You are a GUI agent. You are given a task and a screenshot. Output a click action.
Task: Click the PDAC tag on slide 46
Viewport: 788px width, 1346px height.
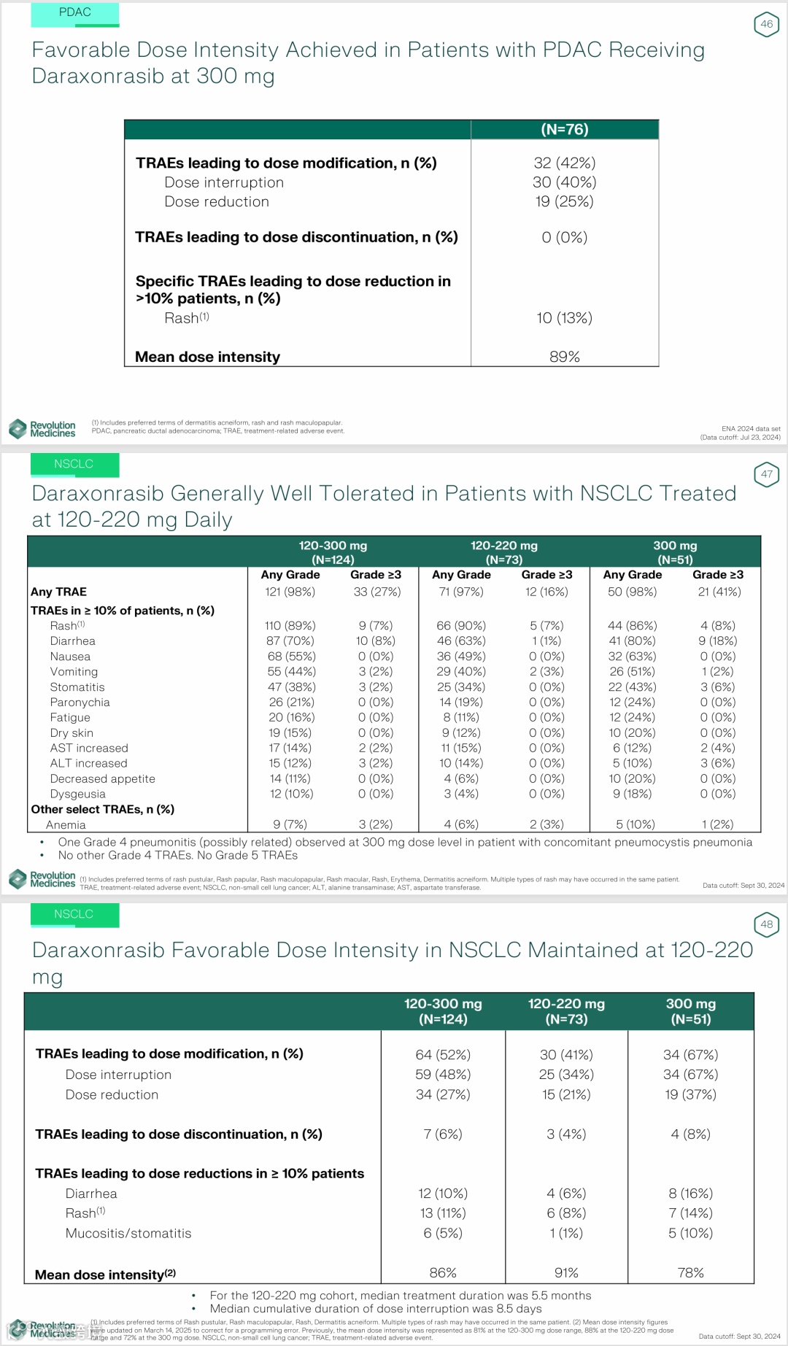tap(74, 12)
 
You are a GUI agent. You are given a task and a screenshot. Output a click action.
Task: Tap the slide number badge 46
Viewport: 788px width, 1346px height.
tap(766, 24)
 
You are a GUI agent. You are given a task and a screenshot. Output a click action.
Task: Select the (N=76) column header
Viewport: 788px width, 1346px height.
tap(564, 130)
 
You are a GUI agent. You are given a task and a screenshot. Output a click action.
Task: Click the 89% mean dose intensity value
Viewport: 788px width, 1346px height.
tap(564, 357)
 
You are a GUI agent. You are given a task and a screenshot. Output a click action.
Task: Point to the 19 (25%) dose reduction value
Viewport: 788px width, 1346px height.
tap(564, 201)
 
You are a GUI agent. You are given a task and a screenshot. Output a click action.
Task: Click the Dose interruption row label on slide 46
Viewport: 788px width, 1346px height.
tap(223, 182)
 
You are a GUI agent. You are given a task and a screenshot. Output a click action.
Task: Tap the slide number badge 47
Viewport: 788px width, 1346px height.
tap(766, 474)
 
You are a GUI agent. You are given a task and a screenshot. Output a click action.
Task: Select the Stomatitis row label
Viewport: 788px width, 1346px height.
tap(77, 687)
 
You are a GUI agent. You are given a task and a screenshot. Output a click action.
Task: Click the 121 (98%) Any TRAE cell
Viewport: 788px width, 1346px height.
tap(290, 592)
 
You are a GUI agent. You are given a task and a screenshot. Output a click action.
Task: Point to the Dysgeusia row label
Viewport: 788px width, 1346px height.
tap(77, 794)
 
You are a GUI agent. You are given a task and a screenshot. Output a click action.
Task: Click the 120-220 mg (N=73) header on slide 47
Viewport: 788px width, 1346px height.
tap(503, 552)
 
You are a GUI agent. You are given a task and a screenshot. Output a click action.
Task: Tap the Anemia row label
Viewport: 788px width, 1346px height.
tap(66, 825)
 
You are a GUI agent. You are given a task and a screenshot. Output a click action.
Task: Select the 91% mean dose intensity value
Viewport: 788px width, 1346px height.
tap(566, 1273)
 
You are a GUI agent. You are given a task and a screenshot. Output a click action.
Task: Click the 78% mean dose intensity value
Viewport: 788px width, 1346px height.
tap(690, 1273)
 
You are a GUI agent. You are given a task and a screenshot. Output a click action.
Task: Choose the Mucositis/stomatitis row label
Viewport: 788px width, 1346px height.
tap(128, 1234)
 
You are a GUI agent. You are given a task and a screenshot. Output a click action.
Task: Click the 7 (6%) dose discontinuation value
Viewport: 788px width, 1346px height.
tap(443, 1134)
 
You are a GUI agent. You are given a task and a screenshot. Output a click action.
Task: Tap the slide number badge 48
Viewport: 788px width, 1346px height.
tap(766, 924)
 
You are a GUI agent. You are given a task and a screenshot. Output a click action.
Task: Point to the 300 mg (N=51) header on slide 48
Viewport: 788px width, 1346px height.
tap(690, 1011)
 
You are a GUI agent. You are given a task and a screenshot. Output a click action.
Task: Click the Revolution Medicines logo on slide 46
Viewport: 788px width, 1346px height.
tap(42, 429)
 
